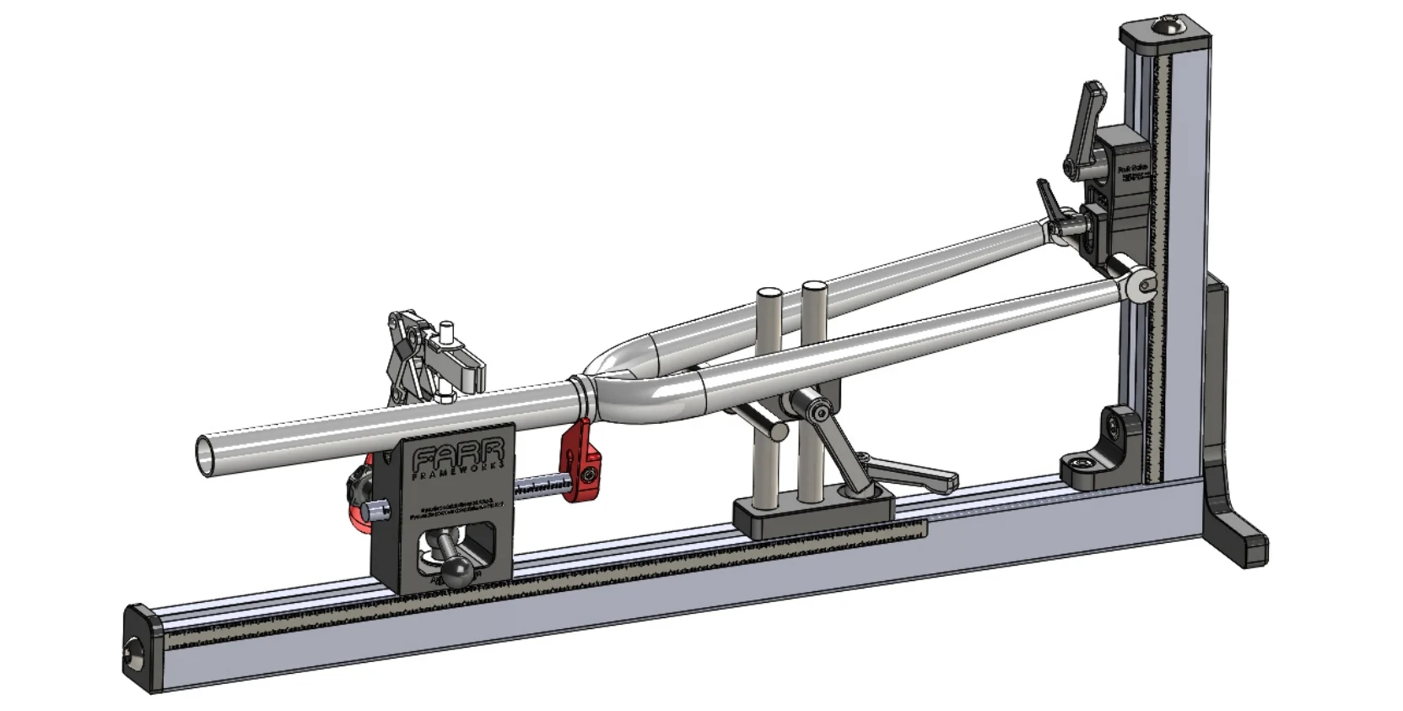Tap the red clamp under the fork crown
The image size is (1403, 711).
pos(580,462)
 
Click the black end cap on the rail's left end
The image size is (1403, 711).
pos(138,649)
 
